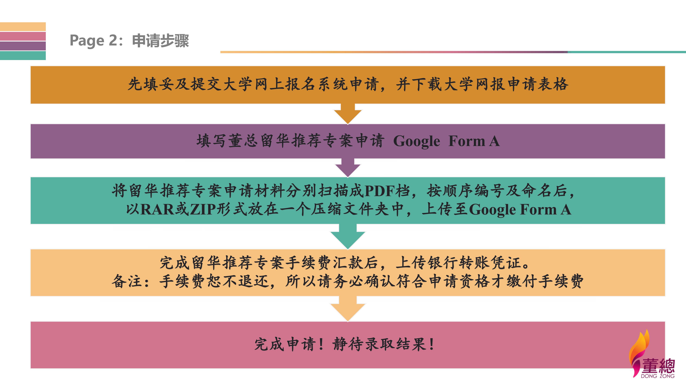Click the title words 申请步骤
coord(160,40)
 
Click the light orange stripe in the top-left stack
coord(23,27)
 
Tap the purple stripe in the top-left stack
coord(23,46)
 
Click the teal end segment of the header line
coord(627,52)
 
